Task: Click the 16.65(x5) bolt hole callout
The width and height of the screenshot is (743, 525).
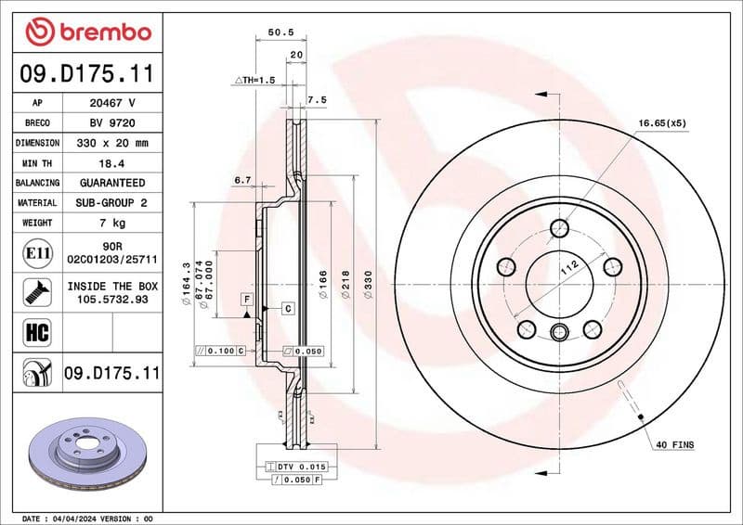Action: click(x=660, y=122)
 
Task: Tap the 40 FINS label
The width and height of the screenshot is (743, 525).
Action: click(x=674, y=445)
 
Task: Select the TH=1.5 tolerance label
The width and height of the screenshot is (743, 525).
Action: click(x=255, y=82)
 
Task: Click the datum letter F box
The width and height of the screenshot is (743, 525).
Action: click(x=247, y=299)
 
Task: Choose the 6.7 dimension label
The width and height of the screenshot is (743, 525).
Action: click(x=243, y=179)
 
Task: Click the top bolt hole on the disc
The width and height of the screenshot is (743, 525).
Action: click(x=558, y=227)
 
